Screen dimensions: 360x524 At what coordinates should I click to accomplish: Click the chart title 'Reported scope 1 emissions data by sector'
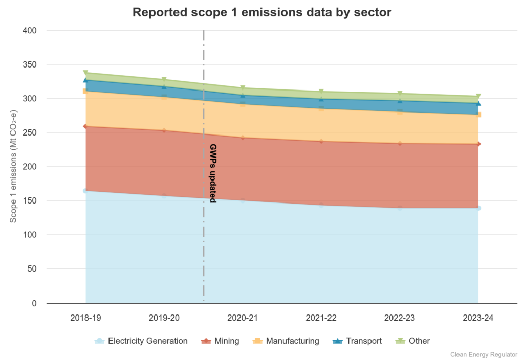(261, 12)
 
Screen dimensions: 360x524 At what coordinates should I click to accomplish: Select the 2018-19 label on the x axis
(85, 318)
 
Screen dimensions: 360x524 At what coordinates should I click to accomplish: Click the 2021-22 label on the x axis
(321, 318)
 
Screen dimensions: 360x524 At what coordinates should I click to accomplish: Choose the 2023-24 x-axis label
(478, 318)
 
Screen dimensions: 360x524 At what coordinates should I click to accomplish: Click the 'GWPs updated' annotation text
(213, 174)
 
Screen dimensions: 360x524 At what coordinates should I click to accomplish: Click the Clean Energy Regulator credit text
(484, 354)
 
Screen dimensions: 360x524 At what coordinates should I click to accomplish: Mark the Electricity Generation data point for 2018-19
(85, 191)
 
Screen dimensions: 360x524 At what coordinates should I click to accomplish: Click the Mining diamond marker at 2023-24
(478, 144)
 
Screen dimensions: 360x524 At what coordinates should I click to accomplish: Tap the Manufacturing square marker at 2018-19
(85, 92)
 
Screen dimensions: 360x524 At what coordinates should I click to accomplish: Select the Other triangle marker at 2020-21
(243, 88)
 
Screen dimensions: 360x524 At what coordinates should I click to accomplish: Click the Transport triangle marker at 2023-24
(478, 103)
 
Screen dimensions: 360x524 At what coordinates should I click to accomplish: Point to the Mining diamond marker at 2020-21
(243, 138)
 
